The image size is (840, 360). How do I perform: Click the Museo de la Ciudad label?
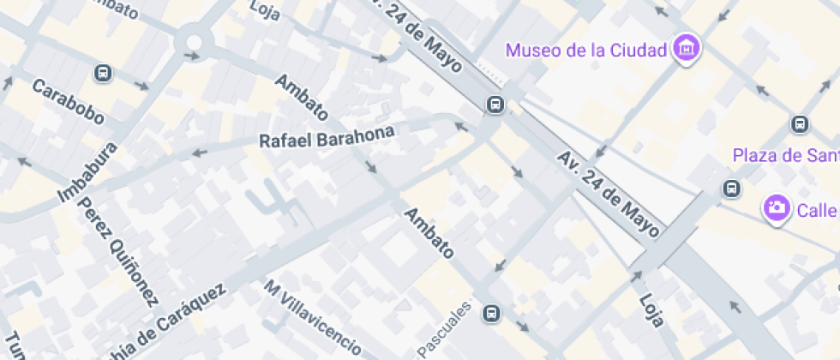pyautogui.click(x=585, y=50)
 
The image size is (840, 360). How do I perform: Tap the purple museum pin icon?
pyautogui.click(x=686, y=48)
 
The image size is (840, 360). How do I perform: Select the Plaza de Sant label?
pyautogui.click(x=784, y=155)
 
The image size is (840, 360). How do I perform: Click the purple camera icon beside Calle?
pyautogui.click(x=777, y=207)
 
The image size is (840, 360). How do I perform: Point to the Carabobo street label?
pyautogui.click(x=68, y=101)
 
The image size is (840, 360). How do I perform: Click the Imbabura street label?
pyautogui.click(x=87, y=171)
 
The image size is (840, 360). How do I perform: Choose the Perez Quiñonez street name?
pyautogui.click(x=118, y=252)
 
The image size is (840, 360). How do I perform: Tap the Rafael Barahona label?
pyautogui.click(x=327, y=137)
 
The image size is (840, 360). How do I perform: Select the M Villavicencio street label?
pyautogui.click(x=312, y=316)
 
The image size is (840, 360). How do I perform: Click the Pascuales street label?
pyautogui.click(x=444, y=329)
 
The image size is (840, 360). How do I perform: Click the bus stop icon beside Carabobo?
pyautogui.click(x=103, y=73)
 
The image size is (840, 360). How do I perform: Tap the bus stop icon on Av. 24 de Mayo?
pyautogui.click(x=495, y=105)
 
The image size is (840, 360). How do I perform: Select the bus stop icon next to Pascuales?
pyautogui.click(x=491, y=313)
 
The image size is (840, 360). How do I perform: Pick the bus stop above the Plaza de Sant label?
pyautogui.click(x=800, y=124)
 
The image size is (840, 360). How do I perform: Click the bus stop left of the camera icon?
pyautogui.click(x=731, y=189)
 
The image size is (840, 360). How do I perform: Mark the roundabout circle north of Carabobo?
pyautogui.click(x=191, y=40)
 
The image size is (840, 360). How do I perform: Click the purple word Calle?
pyautogui.click(x=818, y=211)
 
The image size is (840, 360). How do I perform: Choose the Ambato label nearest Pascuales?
pyautogui.click(x=428, y=232)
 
